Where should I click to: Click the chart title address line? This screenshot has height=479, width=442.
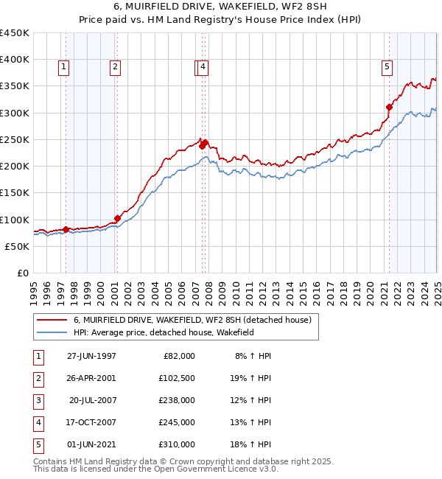coord(220,7)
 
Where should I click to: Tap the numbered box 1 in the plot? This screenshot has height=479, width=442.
coord(64,67)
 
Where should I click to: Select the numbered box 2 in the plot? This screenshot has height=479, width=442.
coord(116,67)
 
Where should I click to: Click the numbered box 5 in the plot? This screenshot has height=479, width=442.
coord(387,67)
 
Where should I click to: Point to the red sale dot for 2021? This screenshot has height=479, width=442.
coord(390,108)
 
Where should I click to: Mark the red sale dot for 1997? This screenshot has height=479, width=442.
coord(66,229)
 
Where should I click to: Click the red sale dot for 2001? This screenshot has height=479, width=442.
coord(117,218)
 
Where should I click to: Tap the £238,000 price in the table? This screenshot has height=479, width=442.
coord(177,400)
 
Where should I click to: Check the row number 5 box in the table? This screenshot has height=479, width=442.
coord(37,444)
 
